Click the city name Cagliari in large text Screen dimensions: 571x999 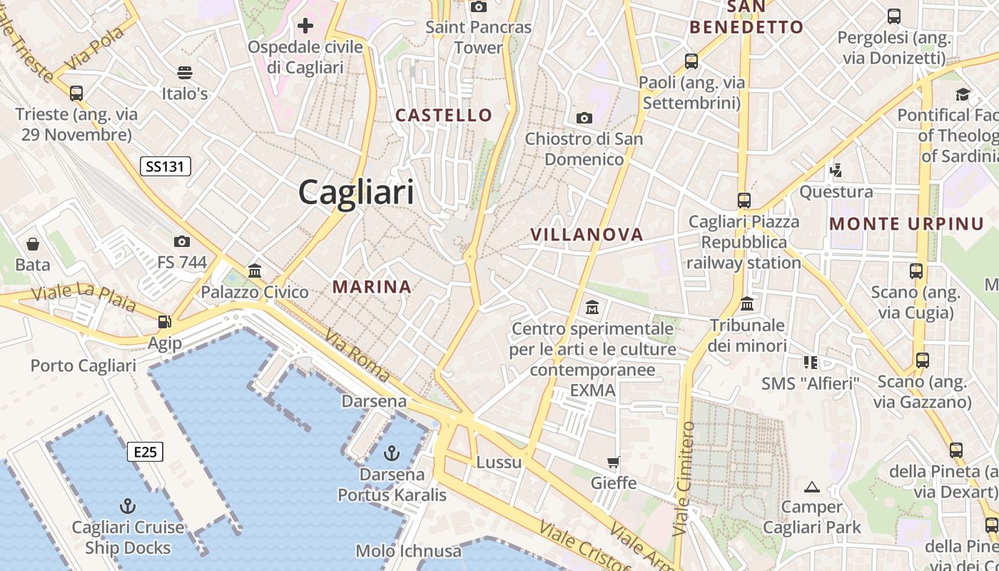[355, 192]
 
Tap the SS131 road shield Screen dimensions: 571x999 [165, 167]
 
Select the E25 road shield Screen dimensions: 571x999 [145, 451]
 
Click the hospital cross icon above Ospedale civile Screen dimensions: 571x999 [305, 26]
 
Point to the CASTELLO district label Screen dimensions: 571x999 [444, 115]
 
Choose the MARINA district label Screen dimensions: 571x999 [372, 287]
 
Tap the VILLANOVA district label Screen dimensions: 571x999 [587, 234]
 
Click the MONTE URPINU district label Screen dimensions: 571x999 [906, 223]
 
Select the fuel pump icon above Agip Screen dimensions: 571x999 [165, 322]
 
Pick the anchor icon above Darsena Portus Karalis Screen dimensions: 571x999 [391, 453]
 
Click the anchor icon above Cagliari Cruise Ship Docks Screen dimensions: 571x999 [128, 506]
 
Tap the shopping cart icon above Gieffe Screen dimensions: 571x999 [613, 462]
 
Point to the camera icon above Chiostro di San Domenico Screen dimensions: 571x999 [584, 118]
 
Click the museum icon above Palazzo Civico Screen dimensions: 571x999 [255, 271]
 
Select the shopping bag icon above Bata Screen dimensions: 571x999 [33, 244]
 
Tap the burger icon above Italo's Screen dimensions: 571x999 [184, 72]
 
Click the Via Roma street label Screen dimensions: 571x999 [357, 355]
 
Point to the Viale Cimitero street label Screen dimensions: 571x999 [684, 478]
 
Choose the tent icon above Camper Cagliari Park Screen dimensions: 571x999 [811, 487]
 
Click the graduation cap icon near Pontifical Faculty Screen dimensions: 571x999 [963, 94]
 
